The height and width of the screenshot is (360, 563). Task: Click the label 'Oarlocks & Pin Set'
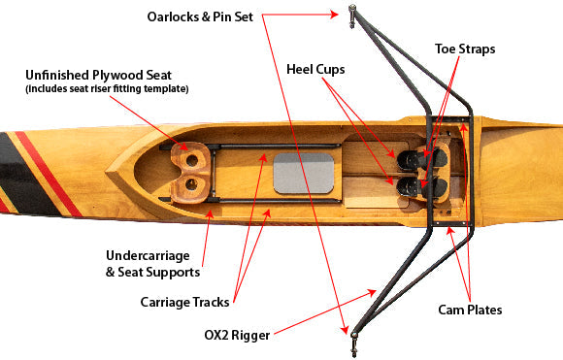tap(200, 16)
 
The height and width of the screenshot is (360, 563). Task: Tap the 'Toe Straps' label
tap(465, 49)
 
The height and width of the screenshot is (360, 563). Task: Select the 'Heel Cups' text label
tap(315, 69)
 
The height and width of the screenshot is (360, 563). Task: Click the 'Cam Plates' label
tap(470, 310)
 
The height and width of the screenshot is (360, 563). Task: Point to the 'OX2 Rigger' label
tap(237, 335)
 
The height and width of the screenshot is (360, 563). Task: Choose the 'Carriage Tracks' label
tap(184, 302)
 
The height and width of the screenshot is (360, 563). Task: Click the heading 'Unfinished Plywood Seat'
tap(98, 76)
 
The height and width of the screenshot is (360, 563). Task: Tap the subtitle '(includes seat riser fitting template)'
tap(107, 88)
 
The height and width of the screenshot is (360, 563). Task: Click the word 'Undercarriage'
tap(148, 256)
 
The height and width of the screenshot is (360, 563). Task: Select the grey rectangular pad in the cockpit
tap(304, 174)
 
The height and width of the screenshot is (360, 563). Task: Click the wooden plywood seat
tap(190, 173)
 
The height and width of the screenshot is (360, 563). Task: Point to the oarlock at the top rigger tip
tap(352, 16)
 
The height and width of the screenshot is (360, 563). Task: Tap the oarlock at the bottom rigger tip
tap(354, 344)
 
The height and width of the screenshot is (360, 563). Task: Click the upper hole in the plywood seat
tap(192, 160)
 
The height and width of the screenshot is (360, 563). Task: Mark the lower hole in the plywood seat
tap(191, 184)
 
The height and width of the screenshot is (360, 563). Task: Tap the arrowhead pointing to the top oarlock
tap(334, 15)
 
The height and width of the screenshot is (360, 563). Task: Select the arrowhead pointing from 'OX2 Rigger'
tap(372, 293)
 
